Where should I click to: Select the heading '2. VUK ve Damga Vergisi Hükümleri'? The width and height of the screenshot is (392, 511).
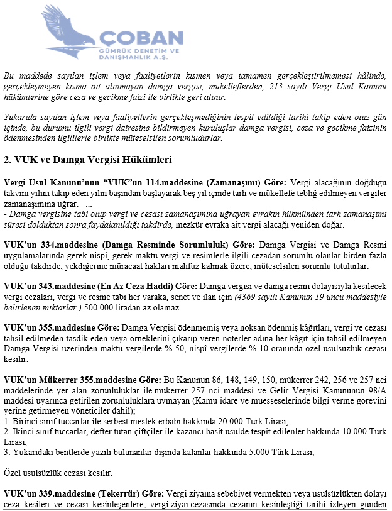[87, 159]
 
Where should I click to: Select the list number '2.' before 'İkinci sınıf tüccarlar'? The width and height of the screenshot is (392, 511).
[7, 431]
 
